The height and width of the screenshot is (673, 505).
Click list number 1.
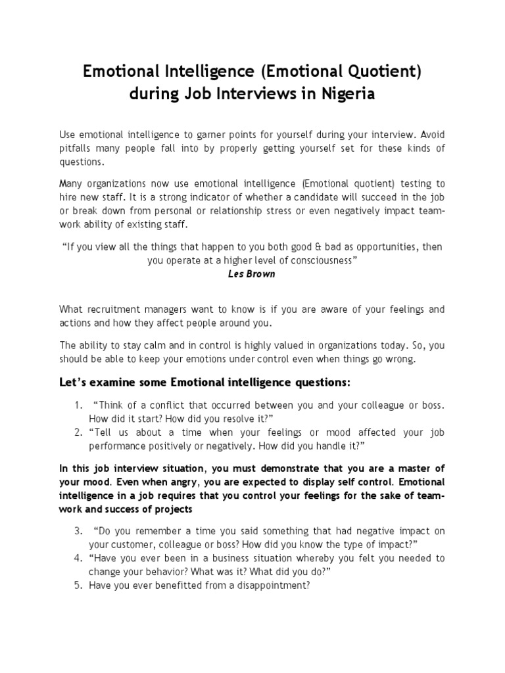pos(78,404)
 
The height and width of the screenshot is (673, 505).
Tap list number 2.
pos(78,432)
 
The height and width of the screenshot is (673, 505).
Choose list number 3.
pos(78,530)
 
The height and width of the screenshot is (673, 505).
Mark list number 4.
pos(78,558)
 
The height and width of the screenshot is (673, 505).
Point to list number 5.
pos(78,586)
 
